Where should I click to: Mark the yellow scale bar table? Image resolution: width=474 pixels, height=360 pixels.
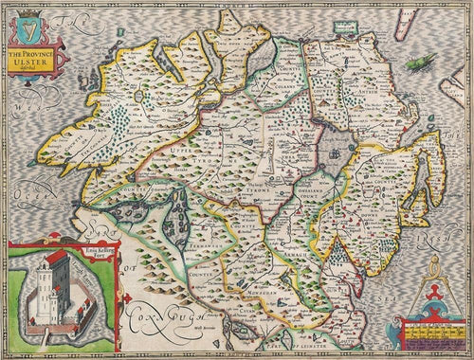(431, 332)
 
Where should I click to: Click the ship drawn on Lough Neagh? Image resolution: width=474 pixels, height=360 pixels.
(333, 152)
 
